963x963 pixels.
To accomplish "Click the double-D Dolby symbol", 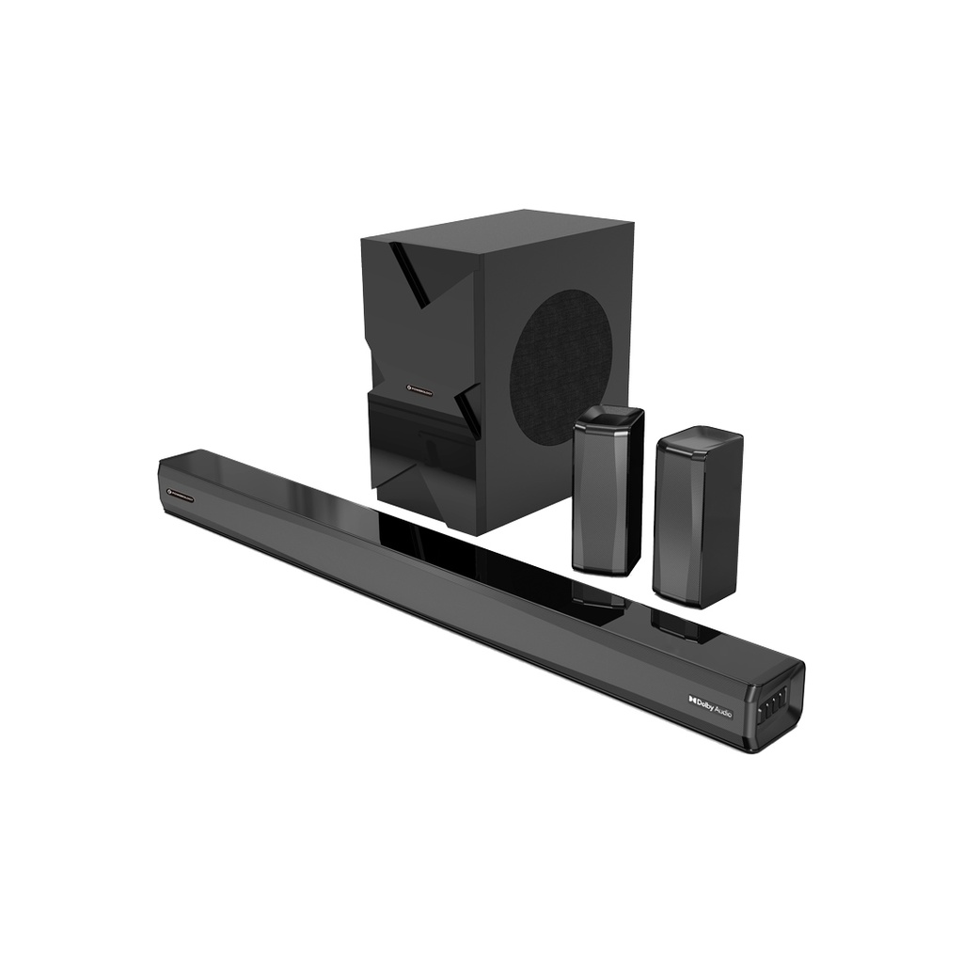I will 691,699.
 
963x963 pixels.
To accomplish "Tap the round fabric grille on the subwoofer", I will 561,368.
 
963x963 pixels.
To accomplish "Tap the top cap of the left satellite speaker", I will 609,415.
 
